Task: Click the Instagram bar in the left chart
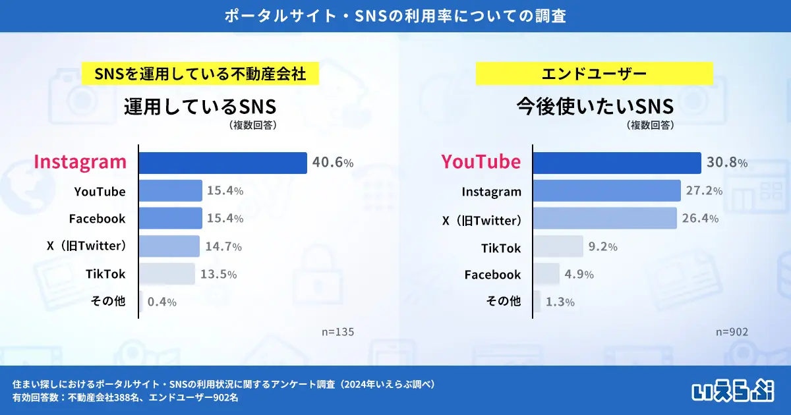pos(223,163)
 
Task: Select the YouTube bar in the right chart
pos(616,163)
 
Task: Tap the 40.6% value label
pos(333,163)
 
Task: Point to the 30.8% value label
pos(727,163)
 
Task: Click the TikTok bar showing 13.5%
pos(167,274)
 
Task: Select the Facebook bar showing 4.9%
pos(546,274)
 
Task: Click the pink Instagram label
pos(80,162)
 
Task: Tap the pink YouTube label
pos(481,162)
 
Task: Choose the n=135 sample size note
pos(337,332)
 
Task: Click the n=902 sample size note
pos(732,332)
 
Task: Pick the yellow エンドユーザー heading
pos(594,73)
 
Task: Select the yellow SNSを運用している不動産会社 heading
pos(200,73)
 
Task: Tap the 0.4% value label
pos(161,302)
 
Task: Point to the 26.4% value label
pos(699,219)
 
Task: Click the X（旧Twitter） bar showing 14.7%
pos(169,246)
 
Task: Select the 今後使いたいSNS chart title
pos(595,106)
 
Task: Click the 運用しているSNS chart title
pos(200,106)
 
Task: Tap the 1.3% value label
pos(560,302)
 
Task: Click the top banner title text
pos(395,16)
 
